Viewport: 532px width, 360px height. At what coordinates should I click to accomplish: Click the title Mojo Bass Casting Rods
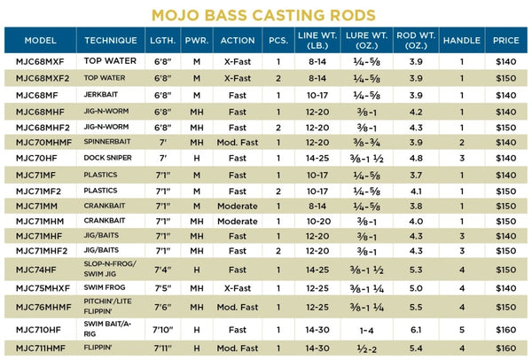tap(263, 14)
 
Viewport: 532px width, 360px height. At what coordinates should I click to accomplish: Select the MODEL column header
tap(41, 41)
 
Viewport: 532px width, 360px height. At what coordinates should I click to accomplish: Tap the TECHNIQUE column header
tap(111, 41)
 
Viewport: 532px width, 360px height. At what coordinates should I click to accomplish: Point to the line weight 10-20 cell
tap(290, 220)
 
